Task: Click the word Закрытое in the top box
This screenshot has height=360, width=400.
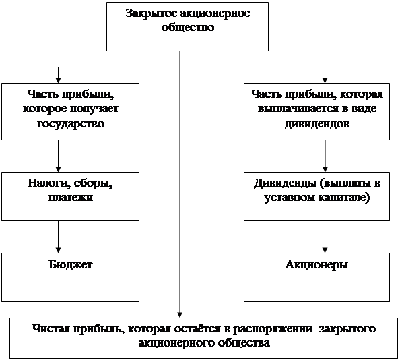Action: pyautogui.click(x=152, y=13)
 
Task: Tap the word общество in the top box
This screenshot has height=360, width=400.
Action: pyautogui.click(x=187, y=28)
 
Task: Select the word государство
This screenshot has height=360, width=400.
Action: pyautogui.click(x=71, y=124)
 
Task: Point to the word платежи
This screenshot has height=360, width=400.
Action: pyautogui.click(x=71, y=198)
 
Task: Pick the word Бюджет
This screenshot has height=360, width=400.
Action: pyautogui.click(x=71, y=264)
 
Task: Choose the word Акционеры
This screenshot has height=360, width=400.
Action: pyautogui.click(x=316, y=265)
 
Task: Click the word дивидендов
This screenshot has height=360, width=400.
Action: pyautogui.click(x=317, y=124)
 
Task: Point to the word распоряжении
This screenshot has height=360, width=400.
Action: pyautogui.click(x=273, y=329)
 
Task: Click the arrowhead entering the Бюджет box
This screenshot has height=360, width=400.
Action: pyautogui.click(x=58, y=250)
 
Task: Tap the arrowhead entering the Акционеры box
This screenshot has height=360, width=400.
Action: pyautogui.click(x=325, y=250)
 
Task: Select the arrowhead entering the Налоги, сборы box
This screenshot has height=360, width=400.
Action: pyautogui.click(x=58, y=169)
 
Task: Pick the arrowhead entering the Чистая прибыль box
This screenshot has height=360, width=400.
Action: pyautogui.click(x=180, y=315)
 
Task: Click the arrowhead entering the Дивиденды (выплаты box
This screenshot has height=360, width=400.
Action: pyautogui.click(x=325, y=169)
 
